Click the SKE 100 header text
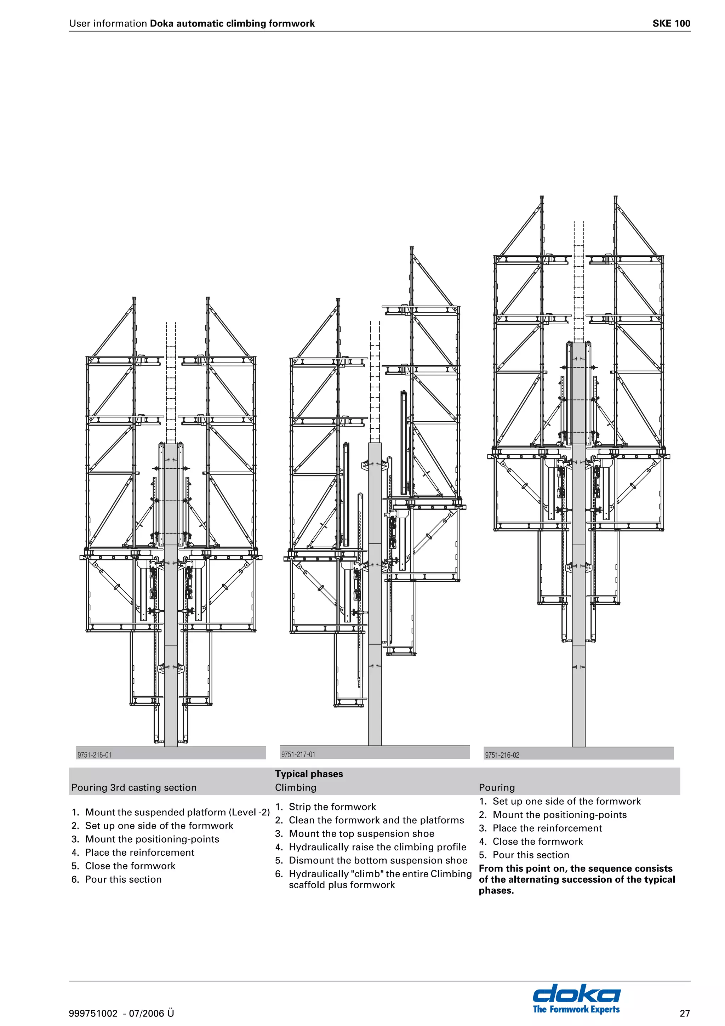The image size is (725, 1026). [671, 23]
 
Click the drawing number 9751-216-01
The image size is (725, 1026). [94, 755]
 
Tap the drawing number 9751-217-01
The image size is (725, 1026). [298, 754]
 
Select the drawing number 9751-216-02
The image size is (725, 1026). [502, 755]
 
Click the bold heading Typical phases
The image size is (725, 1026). [309, 774]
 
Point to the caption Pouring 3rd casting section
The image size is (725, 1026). [134, 788]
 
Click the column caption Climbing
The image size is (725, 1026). [295, 788]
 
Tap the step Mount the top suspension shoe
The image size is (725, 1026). [361, 834]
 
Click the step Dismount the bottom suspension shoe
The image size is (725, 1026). [377, 861]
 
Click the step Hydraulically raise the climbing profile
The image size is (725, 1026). [377, 847]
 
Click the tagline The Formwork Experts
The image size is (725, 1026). [576, 1009]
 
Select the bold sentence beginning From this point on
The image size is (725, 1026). [576, 879]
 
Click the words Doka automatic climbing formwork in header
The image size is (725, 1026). [232, 23]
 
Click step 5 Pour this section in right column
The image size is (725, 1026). [530, 855]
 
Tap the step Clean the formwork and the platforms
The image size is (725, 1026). [376, 820]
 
